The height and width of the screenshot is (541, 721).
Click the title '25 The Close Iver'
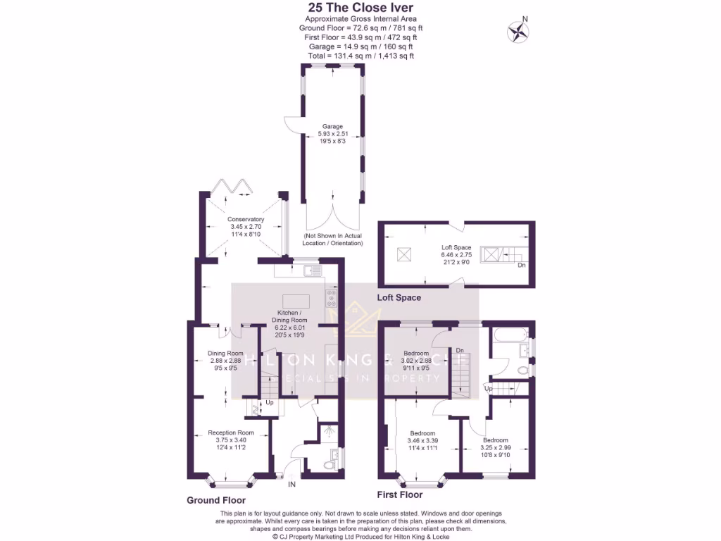pyautogui.click(x=360, y=8)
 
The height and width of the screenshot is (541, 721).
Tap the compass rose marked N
pyautogui.click(x=519, y=31)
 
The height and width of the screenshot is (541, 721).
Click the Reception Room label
pyautogui.click(x=230, y=440)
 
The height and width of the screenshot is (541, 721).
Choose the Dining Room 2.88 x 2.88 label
pyautogui.click(x=225, y=360)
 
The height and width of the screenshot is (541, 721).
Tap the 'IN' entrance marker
pyautogui.click(x=292, y=484)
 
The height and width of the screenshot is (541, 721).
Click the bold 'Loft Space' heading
pyautogui.click(x=399, y=298)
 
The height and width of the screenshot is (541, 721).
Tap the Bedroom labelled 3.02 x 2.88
pyautogui.click(x=415, y=360)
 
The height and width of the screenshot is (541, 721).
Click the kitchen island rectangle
pyautogui.click(x=296, y=300)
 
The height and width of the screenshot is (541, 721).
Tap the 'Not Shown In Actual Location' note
pyautogui.click(x=333, y=239)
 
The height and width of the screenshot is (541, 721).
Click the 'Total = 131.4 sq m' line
pyautogui.click(x=360, y=56)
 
